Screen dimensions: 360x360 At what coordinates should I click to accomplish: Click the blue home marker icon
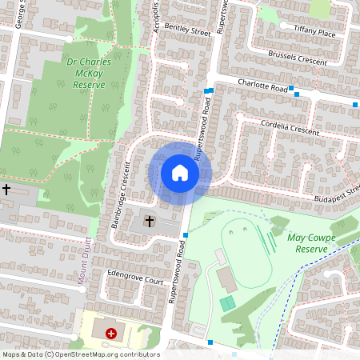(x=180, y=173)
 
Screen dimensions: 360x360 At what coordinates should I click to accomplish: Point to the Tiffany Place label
(x=314, y=34)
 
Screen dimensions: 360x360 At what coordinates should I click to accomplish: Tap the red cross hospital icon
(x=110, y=331)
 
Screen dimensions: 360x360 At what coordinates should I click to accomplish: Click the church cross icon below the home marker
(x=150, y=221)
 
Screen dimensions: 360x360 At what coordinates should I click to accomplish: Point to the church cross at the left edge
(x=7, y=190)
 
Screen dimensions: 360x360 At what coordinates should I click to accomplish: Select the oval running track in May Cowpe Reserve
(x=248, y=252)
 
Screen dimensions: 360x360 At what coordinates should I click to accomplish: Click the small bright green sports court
(x=228, y=303)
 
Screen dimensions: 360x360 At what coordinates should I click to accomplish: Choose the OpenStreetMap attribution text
(x=80, y=354)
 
